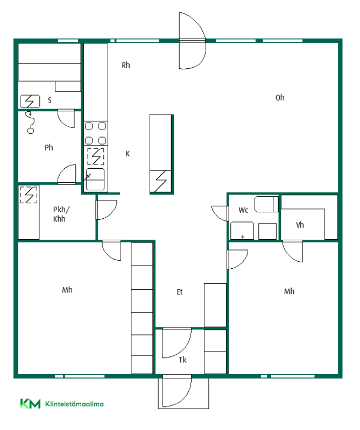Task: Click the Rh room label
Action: tap(126, 65)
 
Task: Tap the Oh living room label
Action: tap(280, 98)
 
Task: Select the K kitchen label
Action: tap(128, 154)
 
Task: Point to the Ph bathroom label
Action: tap(48, 147)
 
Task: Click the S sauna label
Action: tap(50, 100)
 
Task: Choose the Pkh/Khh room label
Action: tap(61, 214)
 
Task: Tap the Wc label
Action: tap(243, 210)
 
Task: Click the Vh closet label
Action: tap(300, 225)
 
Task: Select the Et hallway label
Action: tap(180, 292)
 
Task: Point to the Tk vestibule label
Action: tap(182, 360)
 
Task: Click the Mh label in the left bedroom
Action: tap(67, 290)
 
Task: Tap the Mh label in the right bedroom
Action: tap(289, 291)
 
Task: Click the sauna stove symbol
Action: tap(30, 102)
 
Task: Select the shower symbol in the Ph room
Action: tap(30, 123)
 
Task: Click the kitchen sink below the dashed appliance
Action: tap(95, 180)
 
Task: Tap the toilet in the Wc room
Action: tap(266, 204)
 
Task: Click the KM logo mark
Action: tap(30, 404)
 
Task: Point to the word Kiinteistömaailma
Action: tap(74, 404)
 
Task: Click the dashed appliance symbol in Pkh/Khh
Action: tap(29, 195)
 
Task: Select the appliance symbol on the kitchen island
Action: tap(161, 181)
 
